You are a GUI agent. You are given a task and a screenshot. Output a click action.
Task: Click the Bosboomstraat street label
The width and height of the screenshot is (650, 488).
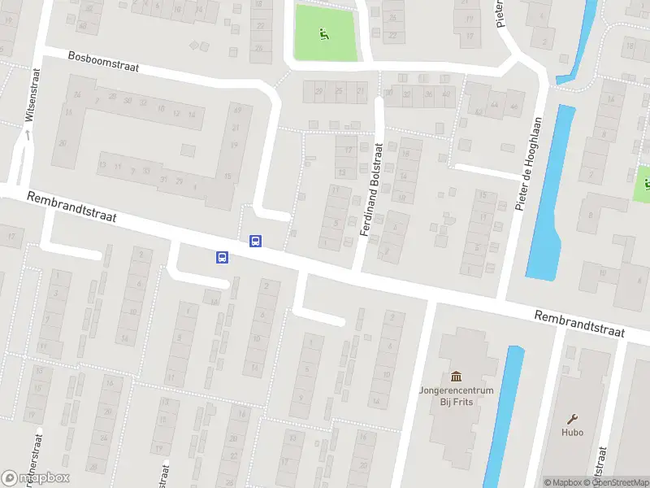click(104, 63)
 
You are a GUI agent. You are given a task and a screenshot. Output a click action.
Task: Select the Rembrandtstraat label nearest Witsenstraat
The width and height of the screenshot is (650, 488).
click(71, 207)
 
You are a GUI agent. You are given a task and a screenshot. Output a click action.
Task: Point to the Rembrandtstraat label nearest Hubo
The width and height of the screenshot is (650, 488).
click(578, 324)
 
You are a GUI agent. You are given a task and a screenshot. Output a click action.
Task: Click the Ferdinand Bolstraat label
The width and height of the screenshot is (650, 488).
click(370, 190)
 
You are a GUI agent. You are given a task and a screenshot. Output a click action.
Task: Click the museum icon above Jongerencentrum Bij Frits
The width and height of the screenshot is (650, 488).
click(457, 377)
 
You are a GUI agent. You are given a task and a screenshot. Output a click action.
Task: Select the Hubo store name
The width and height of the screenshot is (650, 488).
click(572, 433)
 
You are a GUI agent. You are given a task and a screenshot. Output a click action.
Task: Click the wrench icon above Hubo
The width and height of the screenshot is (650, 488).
click(572, 418)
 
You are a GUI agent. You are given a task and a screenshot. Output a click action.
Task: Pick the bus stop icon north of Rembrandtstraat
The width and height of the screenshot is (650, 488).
click(255, 241)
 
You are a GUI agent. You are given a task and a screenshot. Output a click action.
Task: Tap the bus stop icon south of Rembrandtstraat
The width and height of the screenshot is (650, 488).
click(222, 258)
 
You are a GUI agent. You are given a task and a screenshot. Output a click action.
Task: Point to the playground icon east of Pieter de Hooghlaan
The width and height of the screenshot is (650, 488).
click(647, 182)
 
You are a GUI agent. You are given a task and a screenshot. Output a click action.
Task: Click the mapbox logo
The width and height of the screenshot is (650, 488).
click(36, 478)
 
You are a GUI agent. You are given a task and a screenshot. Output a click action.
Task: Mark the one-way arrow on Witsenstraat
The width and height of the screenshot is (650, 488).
click(26, 133)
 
